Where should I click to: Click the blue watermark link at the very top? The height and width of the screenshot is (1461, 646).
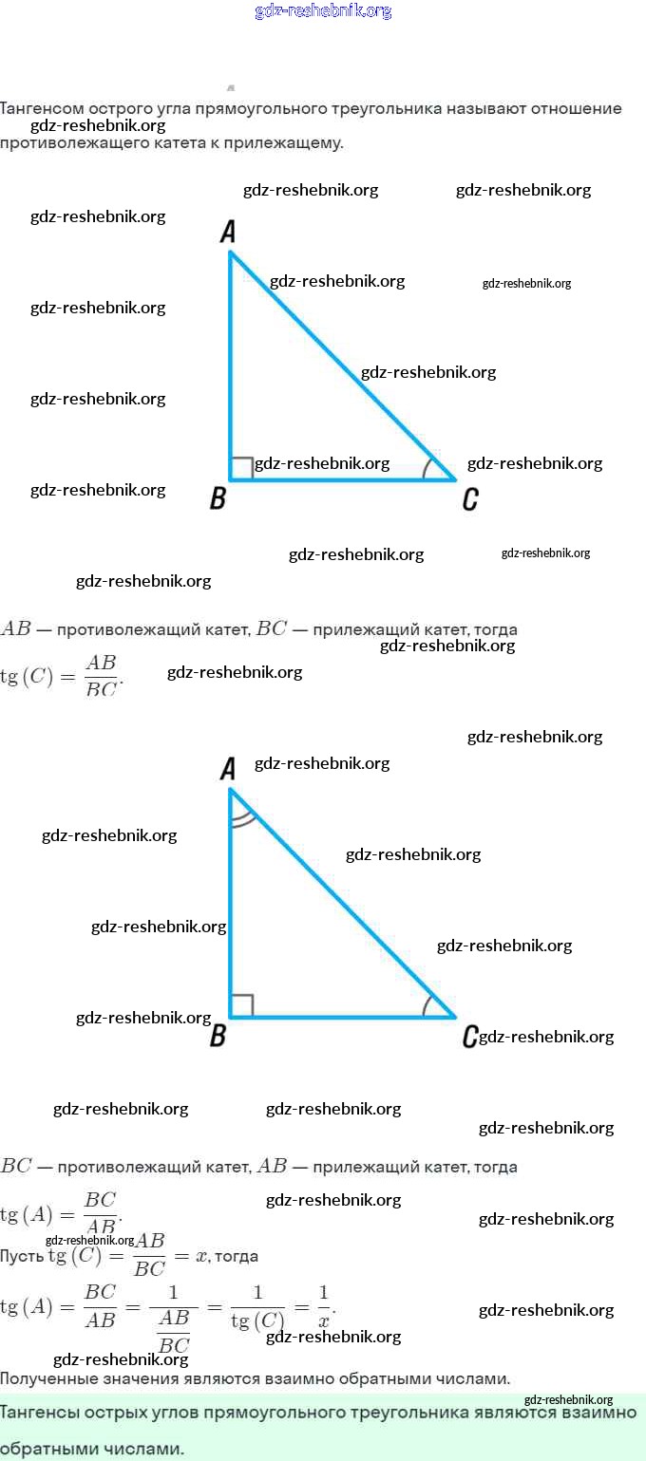pos(323,11)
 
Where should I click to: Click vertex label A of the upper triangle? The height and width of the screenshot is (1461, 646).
pos(227,231)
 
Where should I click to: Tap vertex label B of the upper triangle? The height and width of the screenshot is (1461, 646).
pos(218,498)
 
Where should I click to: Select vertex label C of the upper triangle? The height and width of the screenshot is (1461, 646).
pos(469,499)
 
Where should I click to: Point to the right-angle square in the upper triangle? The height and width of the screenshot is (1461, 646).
pos(241,468)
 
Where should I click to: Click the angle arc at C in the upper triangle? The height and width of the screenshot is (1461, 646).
pos(427,469)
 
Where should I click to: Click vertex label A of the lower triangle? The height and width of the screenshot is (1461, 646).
pos(227,769)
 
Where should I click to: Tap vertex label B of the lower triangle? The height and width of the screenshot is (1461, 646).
pos(218,1036)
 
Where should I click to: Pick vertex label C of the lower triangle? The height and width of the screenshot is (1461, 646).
pos(469,1037)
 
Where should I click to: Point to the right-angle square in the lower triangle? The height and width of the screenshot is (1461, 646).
pos(241,1005)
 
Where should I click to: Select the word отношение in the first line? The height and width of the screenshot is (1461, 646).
pos(576,109)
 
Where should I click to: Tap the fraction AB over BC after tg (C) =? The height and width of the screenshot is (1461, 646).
pos(101,675)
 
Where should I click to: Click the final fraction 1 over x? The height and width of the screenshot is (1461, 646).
pos(324,1306)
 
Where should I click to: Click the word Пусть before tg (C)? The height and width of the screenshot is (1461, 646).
pos(21,1256)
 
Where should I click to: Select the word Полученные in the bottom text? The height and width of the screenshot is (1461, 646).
pos(49,1378)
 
